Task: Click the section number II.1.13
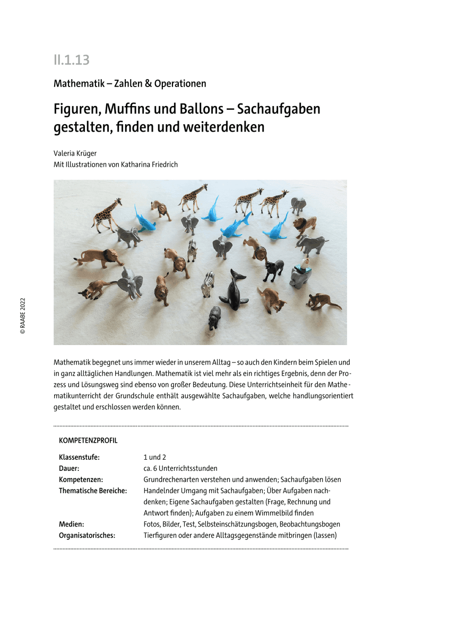pyautogui.click(x=71, y=60)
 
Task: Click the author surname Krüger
pyautogui.click(x=86, y=153)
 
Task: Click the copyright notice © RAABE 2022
pyautogui.click(x=23, y=315)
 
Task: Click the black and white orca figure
pyautogui.click(x=234, y=290)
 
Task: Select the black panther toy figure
pyautogui.click(x=273, y=269)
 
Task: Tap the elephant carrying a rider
pyautogui.click(x=300, y=272)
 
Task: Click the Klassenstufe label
pyautogui.click(x=79, y=457)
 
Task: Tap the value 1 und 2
pyautogui.click(x=155, y=457)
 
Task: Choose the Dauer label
pyautogui.click(x=69, y=468)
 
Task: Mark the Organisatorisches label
pyautogui.click(x=87, y=536)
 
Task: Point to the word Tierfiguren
pyautogui.click(x=161, y=536)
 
